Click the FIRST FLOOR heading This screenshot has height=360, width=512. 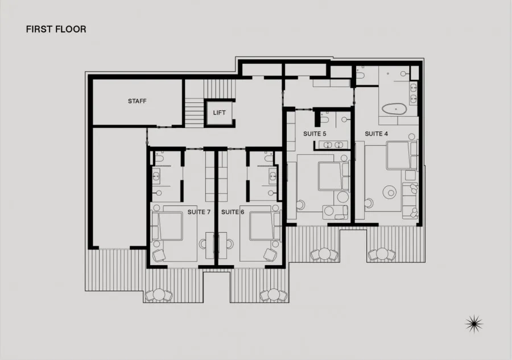coord(56,30)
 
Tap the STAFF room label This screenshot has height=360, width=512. coord(137,101)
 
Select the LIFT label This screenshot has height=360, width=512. coord(219,113)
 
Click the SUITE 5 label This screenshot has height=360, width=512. coord(315,134)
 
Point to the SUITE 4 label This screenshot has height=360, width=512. coord(376,134)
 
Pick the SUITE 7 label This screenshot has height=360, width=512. coord(199,212)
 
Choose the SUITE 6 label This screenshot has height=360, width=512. coord(233,212)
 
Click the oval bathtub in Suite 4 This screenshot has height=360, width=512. coord(394,109)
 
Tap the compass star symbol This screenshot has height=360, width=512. coord(474,324)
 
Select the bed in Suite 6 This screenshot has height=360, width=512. coord(265,226)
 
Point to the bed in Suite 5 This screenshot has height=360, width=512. coord(333,176)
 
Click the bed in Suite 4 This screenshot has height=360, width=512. coord(402,155)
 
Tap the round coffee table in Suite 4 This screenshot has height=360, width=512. coord(390,192)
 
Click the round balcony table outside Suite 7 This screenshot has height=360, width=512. coord(159,295)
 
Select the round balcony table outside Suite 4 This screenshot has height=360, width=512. coord(382,254)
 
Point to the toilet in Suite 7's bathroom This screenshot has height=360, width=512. coord(159,158)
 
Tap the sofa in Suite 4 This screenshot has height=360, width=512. coord(410,201)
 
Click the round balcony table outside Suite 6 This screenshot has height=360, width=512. coord(273,295)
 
